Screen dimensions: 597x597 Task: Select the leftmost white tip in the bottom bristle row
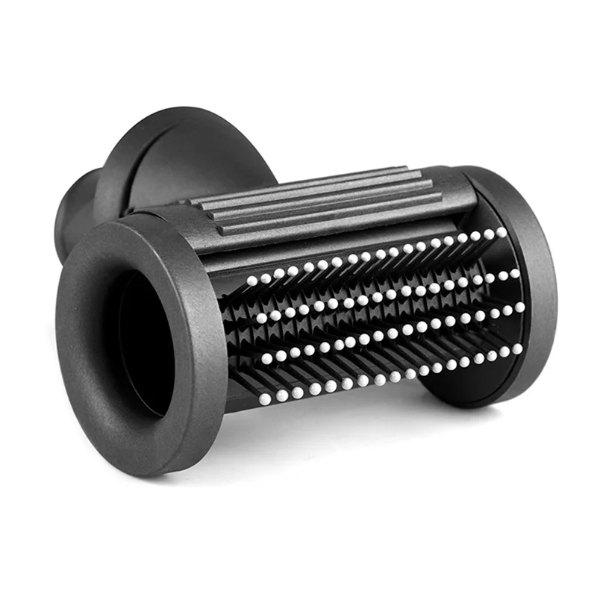click(265, 399)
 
